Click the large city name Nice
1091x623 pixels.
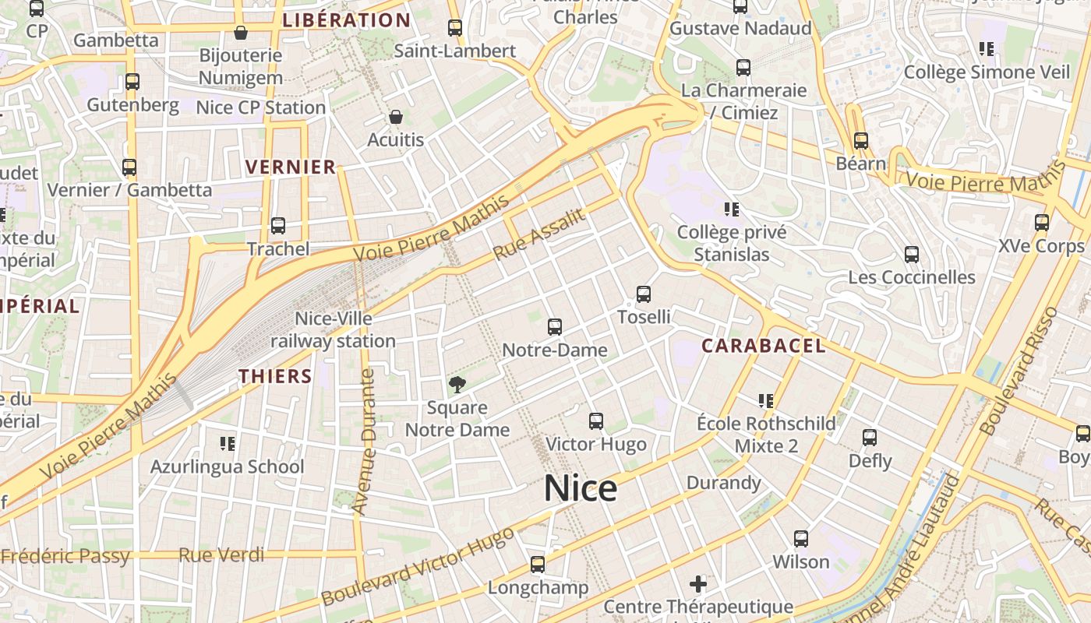(x=580, y=488)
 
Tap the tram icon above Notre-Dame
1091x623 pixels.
(x=555, y=327)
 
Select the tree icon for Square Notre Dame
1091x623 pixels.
(x=457, y=384)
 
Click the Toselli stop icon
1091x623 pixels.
(x=644, y=294)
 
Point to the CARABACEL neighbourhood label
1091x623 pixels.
(x=764, y=346)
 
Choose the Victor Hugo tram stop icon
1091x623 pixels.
(x=596, y=421)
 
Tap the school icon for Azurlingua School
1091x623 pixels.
(x=228, y=444)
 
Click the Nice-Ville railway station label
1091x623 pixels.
(x=334, y=329)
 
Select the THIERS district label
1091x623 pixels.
(x=275, y=376)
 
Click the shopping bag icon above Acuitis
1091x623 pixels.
(x=396, y=118)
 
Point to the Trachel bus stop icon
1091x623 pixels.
(x=278, y=226)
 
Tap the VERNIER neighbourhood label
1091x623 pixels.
(x=291, y=167)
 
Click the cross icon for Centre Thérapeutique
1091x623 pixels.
(x=698, y=583)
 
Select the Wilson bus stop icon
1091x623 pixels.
(x=801, y=538)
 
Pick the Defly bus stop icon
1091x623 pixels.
(x=870, y=438)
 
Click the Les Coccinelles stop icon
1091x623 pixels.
(x=912, y=254)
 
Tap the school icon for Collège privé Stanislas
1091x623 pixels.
(x=731, y=209)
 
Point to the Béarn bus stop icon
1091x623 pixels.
(x=861, y=141)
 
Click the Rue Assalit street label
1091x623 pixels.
(x=538, y=234)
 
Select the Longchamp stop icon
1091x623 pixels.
(x=538, y=565)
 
